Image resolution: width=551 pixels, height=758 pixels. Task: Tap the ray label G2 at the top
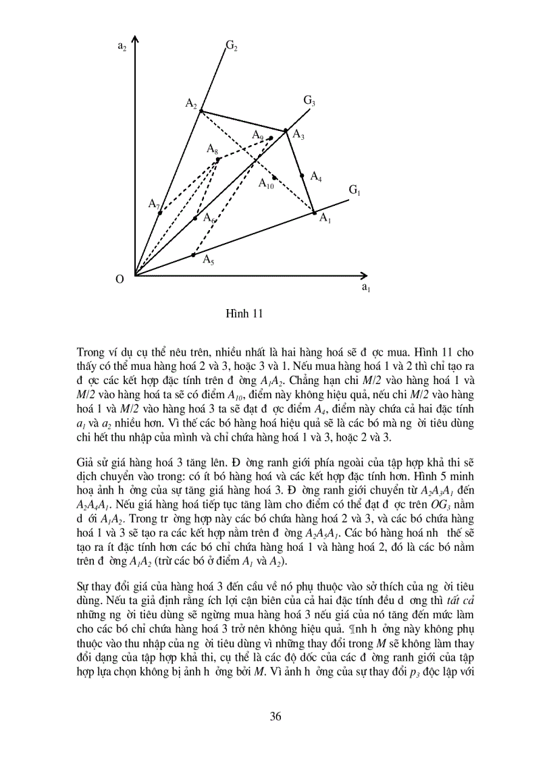[231, 46]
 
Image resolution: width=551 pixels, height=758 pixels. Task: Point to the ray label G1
[355, 191]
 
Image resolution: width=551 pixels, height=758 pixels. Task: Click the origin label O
[120, 279]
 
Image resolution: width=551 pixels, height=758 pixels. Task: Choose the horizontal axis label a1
[365, 288]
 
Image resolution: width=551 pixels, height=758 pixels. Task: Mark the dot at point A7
[159, 213]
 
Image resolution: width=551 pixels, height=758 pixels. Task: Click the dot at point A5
[193, 255]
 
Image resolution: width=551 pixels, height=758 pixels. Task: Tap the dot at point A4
[302, 175]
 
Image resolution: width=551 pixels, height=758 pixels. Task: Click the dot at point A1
[314, 213]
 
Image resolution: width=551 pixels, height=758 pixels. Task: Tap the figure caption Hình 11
[243, 313]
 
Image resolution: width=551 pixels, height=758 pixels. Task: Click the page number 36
[275, 716]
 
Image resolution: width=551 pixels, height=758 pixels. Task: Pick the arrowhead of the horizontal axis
[365, 275]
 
